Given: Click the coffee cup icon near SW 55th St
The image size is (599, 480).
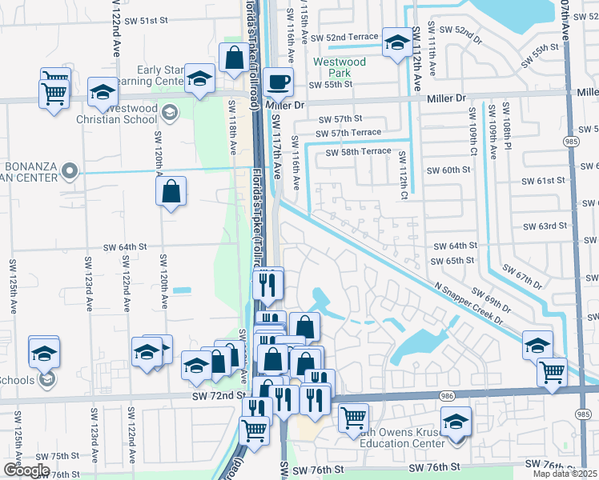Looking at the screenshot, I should [278, 81].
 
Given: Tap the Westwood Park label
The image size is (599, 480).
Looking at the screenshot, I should [340, 67].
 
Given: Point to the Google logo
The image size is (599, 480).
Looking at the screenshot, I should [26, 470].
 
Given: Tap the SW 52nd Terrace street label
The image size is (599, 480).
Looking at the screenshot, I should [343, 38].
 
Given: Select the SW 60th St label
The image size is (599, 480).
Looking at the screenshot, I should [448, 170].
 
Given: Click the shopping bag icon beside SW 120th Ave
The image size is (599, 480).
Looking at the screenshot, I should [171, 191].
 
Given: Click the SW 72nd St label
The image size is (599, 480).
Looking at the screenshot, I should [218, 396].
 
